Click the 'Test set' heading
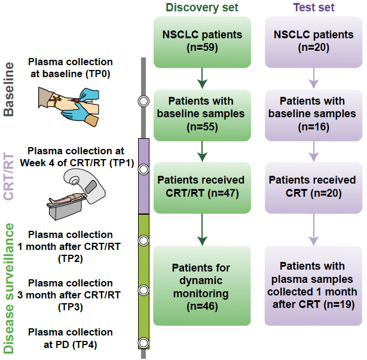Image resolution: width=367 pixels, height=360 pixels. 313,8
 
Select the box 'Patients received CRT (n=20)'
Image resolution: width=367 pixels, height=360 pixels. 313,187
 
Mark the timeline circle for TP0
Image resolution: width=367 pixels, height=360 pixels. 143,102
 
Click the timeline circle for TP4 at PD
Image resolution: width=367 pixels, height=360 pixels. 143,343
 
